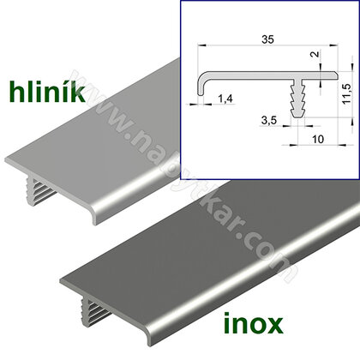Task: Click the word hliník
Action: [47, 92]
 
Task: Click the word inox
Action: [254, 323]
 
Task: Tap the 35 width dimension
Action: [268, 39]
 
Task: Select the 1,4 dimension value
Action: [225, 99]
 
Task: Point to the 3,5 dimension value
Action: [269, 120]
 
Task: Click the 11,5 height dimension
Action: [347, 93]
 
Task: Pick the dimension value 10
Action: [318, 139]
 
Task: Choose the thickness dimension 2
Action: [315, 53]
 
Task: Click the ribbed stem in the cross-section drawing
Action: [298, 99]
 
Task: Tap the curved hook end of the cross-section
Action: [201, 84]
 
